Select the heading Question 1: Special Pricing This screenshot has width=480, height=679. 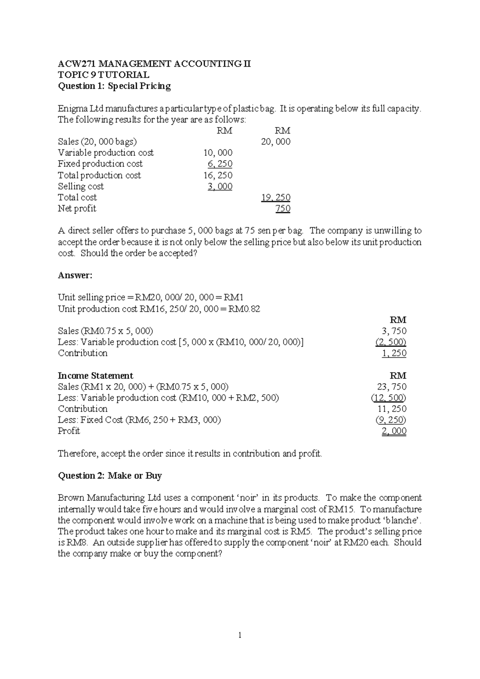[114, 86]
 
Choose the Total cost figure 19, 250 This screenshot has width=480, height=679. [276, 197]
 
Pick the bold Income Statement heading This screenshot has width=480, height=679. [96, 376]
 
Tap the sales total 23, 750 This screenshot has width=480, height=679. [392, 387]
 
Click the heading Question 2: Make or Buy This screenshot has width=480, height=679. [110, 476]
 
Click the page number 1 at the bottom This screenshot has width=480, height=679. [240, 635]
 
